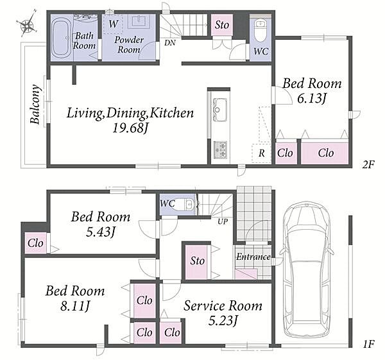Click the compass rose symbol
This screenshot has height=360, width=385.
[x=27, y=23]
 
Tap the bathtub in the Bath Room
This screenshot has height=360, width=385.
[x=62, y=38]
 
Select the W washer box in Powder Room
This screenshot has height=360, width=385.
[x=113, y=24]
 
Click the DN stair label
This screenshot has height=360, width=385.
[x=170, y=43]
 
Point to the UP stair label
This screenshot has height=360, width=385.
[x=223, y=221]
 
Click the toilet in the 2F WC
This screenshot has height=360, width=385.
[x=260, y=30]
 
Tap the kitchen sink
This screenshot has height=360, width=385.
[x=220, y=109]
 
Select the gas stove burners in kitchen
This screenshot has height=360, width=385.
[x=220, y=149]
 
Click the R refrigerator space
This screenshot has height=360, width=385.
[x=261, y=153]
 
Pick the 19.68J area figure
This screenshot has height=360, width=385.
[x=131, y=128]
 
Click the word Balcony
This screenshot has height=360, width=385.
[x=35, y=104]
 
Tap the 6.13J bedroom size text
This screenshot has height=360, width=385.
[x=312, y=98]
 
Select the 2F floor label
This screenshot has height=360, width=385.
[x=368, y=165]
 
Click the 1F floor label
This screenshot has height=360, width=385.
[x=368, y=344]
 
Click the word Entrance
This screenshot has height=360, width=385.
[x=253, y=257]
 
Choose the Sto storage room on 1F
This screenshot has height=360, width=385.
[x=197, y=262]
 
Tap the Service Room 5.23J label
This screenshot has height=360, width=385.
[x=223, y=313]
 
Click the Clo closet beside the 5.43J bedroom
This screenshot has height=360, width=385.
[x=35, y=243]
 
